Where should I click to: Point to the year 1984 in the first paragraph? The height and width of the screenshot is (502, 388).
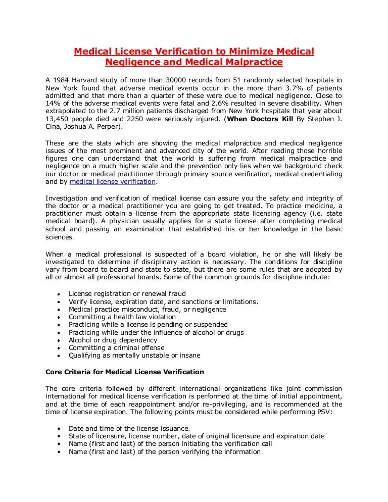[63, 80]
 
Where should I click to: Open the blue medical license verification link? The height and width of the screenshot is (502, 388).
[113, 182]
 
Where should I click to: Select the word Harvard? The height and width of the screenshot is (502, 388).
[95, 80]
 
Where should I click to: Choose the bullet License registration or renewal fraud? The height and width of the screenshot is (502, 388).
[127, 293]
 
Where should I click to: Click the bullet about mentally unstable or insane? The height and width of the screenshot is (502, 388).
[134, 355]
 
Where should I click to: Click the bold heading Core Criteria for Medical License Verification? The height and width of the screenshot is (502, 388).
[124, 372]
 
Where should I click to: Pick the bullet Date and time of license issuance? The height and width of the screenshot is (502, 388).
[129, 428]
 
